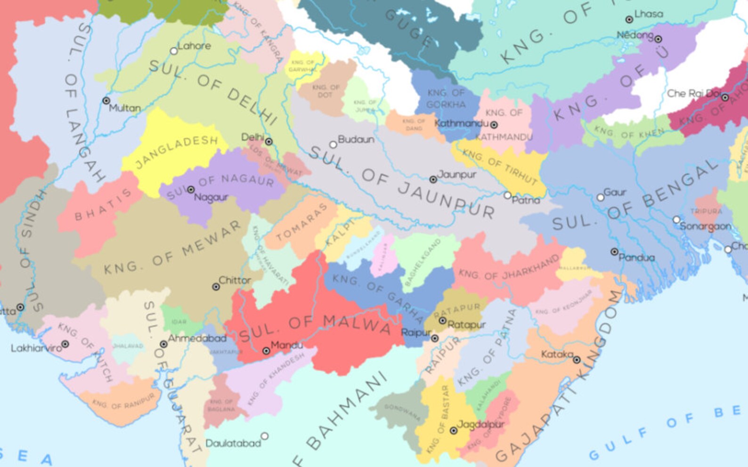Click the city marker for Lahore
174,51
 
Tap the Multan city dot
106,101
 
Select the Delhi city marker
268,141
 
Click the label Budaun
356,139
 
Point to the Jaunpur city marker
433,180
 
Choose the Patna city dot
507,195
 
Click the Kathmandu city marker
494,125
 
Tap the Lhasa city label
649,14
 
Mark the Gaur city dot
600,197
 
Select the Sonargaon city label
705,226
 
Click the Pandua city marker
614,252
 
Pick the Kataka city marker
577,360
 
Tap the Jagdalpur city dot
453,431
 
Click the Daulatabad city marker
265,436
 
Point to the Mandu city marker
266,351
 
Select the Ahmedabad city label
197,338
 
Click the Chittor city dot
216,287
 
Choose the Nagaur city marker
191,189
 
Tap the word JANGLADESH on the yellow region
176,152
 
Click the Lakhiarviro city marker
65,344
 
